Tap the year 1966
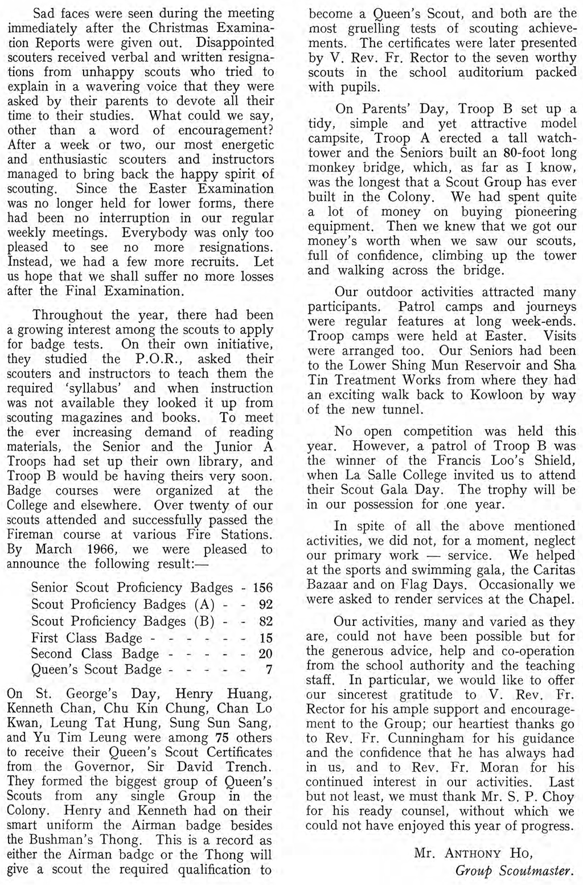[x=100, y=550]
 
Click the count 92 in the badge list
[x=266, y=605]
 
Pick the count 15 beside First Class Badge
[x=266, y=638]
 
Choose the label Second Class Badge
[x=95, y=654]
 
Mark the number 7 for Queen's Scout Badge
[x=269, y=670]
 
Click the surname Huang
[x=250, y=694]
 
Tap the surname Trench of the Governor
[x=249, y=766]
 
